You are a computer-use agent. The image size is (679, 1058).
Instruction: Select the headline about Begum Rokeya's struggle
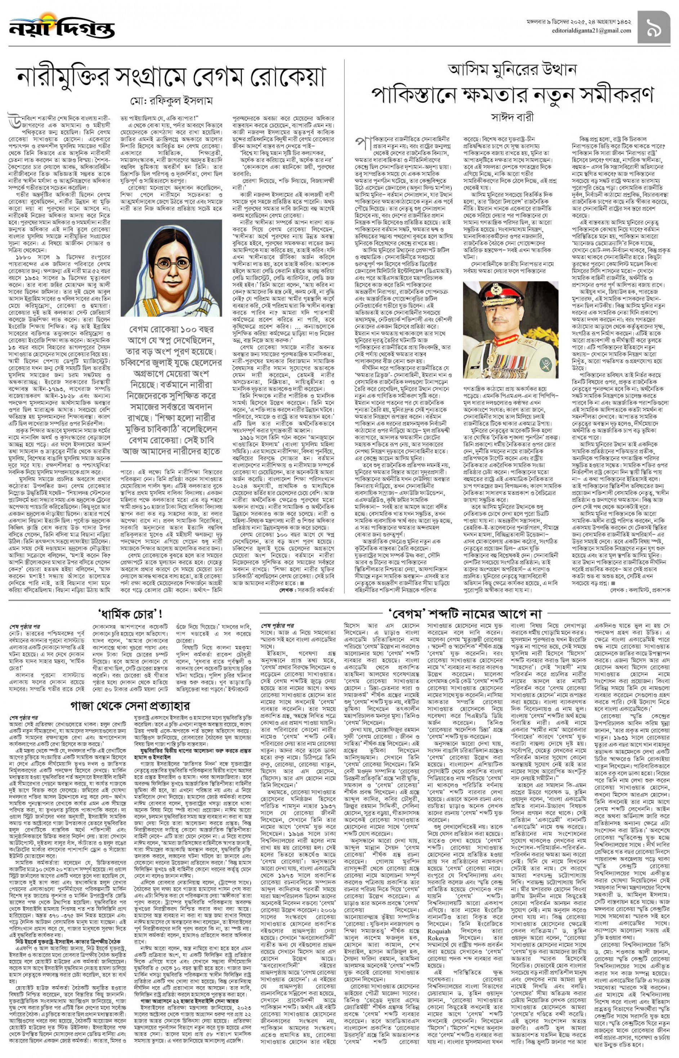tap(171, 77)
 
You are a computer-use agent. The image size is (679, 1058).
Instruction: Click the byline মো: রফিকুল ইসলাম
tap(171, 101)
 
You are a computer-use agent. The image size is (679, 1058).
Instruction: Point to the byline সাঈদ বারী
tap(512, 118)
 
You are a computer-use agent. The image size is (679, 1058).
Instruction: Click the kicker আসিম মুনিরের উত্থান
tap(512, 70)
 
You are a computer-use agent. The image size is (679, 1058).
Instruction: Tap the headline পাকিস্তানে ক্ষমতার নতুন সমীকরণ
tap(512, 94)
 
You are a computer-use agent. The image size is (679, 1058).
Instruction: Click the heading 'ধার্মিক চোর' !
tap(130, 614)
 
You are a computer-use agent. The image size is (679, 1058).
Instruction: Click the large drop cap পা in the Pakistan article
tap(363, 143)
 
